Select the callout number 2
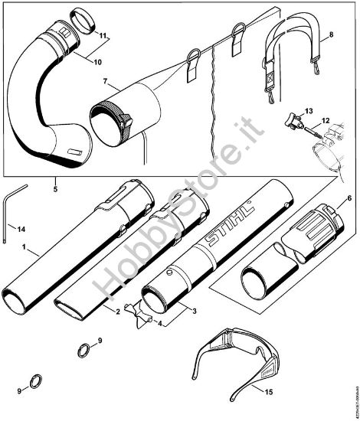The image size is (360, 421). click(117, 312)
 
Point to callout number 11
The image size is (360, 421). click(103, 34)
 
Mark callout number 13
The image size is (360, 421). click(309, 112)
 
